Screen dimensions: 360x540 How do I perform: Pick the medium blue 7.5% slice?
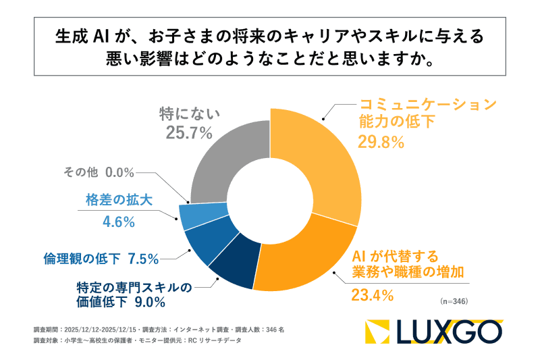(x=205, y=243)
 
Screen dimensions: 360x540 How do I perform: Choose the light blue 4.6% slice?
(x=192, y=216)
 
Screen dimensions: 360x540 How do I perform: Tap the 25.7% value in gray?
(x=190, y=133)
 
